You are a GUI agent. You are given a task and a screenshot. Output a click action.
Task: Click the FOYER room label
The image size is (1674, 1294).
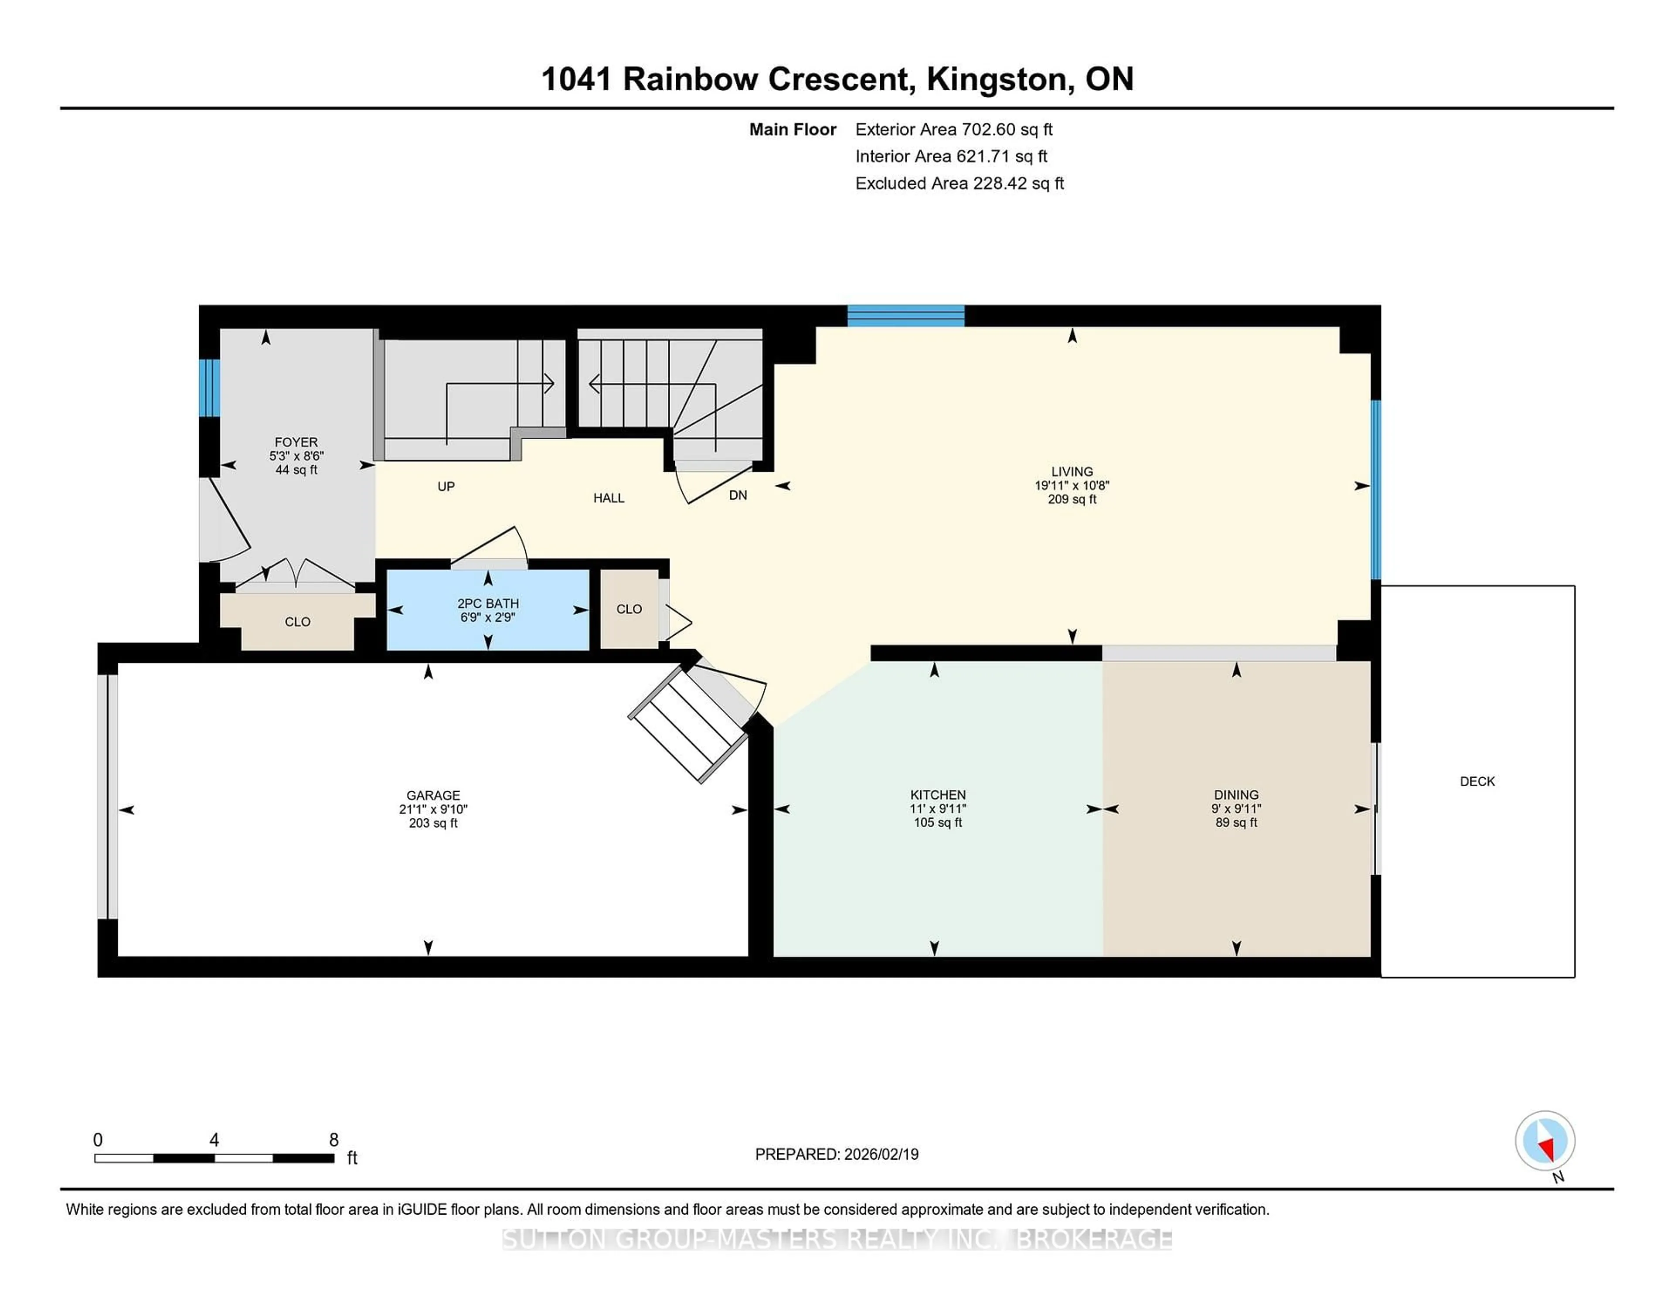(296, 443)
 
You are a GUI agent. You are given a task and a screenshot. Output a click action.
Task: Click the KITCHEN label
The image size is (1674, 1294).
(937, 795)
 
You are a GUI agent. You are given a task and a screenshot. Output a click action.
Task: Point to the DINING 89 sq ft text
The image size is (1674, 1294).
(1235, 823)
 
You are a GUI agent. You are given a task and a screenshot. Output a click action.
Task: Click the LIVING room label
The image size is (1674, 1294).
(1072, 471)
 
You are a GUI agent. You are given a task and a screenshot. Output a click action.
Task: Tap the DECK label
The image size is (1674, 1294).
(1477, 781)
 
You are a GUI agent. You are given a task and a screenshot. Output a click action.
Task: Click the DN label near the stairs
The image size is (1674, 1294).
(737, 495)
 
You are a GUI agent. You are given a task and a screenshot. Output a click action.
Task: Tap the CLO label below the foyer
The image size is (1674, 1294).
(297, 622)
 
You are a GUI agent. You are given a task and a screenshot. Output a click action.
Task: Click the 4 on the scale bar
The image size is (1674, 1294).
(214, 1140)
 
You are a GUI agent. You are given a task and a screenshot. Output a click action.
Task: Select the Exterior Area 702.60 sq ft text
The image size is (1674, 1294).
(953, 129)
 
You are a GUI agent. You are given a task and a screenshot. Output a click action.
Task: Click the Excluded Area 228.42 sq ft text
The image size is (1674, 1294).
(959, 183)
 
